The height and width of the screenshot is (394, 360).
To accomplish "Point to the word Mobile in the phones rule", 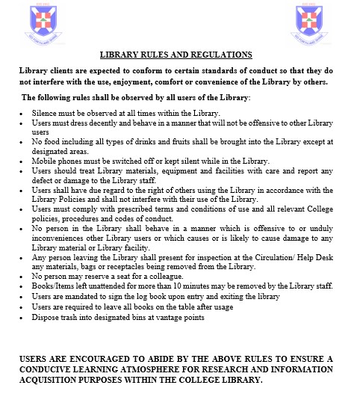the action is (44, 161).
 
